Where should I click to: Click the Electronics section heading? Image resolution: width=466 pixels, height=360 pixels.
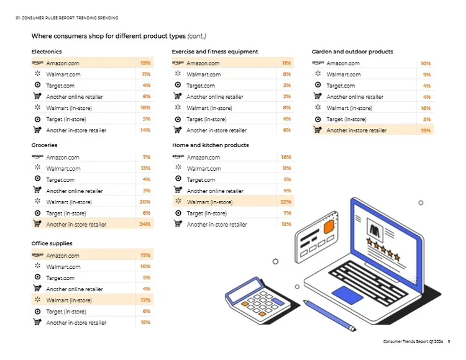point(47,52)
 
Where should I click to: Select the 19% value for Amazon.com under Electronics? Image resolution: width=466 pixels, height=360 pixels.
point(145,63)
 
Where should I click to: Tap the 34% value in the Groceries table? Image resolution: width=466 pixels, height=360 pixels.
point(145,224)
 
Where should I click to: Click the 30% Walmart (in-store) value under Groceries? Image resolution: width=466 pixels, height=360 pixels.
point(145,202)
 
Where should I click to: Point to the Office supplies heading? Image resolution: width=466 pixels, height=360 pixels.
point(52,243)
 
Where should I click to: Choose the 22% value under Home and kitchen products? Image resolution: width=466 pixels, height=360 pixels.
point(286,202)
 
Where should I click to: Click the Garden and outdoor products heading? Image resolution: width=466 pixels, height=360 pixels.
point(352,52)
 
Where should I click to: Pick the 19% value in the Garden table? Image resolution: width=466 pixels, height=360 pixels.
point(426,130)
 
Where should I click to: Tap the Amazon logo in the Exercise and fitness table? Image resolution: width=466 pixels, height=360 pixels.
point(178,63)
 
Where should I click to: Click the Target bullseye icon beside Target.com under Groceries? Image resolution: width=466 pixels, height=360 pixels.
point(37,178)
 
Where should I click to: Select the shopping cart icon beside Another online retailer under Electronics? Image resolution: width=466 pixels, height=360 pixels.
point(37,96)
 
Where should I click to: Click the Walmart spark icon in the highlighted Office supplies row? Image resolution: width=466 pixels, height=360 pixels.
point(37,299)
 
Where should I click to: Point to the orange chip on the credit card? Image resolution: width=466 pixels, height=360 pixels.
point(329,227)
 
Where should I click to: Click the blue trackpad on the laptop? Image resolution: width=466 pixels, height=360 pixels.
point(347,295)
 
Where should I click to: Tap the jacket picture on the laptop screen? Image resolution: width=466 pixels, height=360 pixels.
point(375,230)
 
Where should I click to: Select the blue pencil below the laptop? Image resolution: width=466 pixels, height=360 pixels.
point(329,316)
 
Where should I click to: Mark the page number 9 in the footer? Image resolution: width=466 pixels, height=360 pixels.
point(449,341)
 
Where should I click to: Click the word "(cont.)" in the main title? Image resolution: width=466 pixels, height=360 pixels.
point(197,36)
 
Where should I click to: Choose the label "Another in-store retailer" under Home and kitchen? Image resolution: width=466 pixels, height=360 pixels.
point(217,225)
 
